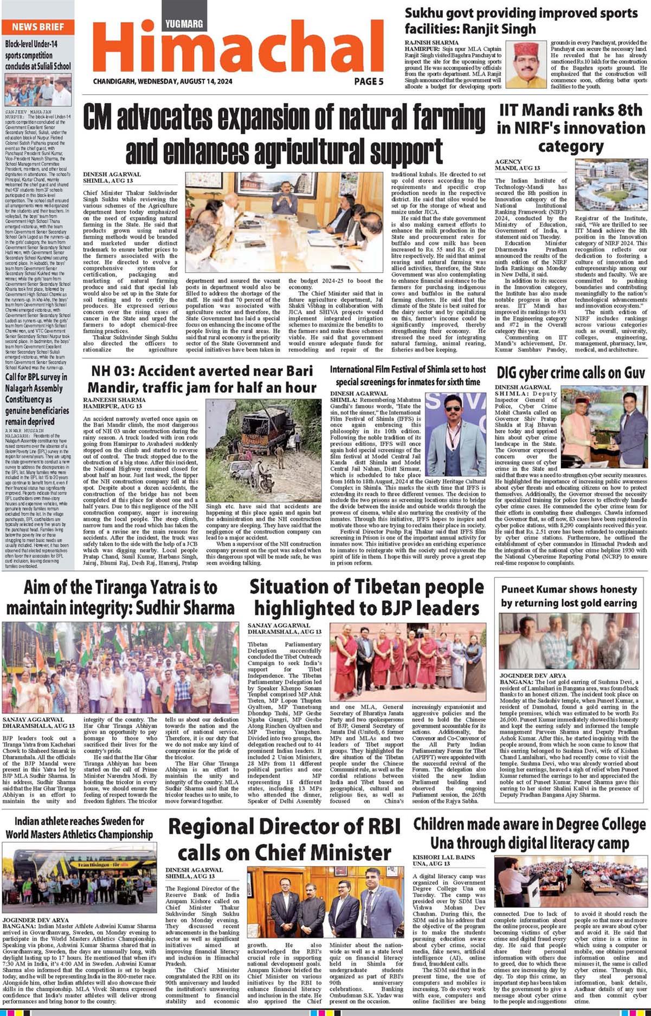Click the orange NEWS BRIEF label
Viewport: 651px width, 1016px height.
coord(37,27)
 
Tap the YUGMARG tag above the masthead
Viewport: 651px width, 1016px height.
coord(184,23)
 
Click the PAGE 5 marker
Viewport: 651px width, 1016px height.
coord(369,81)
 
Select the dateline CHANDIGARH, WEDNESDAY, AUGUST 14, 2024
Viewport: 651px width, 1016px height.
coord(163,82)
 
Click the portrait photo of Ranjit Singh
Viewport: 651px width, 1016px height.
coord(526,65)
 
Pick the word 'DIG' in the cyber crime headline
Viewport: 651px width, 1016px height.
coord(510,373)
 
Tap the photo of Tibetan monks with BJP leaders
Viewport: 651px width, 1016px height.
coord(408,663)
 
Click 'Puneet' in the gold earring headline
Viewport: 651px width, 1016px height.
coord(521,589)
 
